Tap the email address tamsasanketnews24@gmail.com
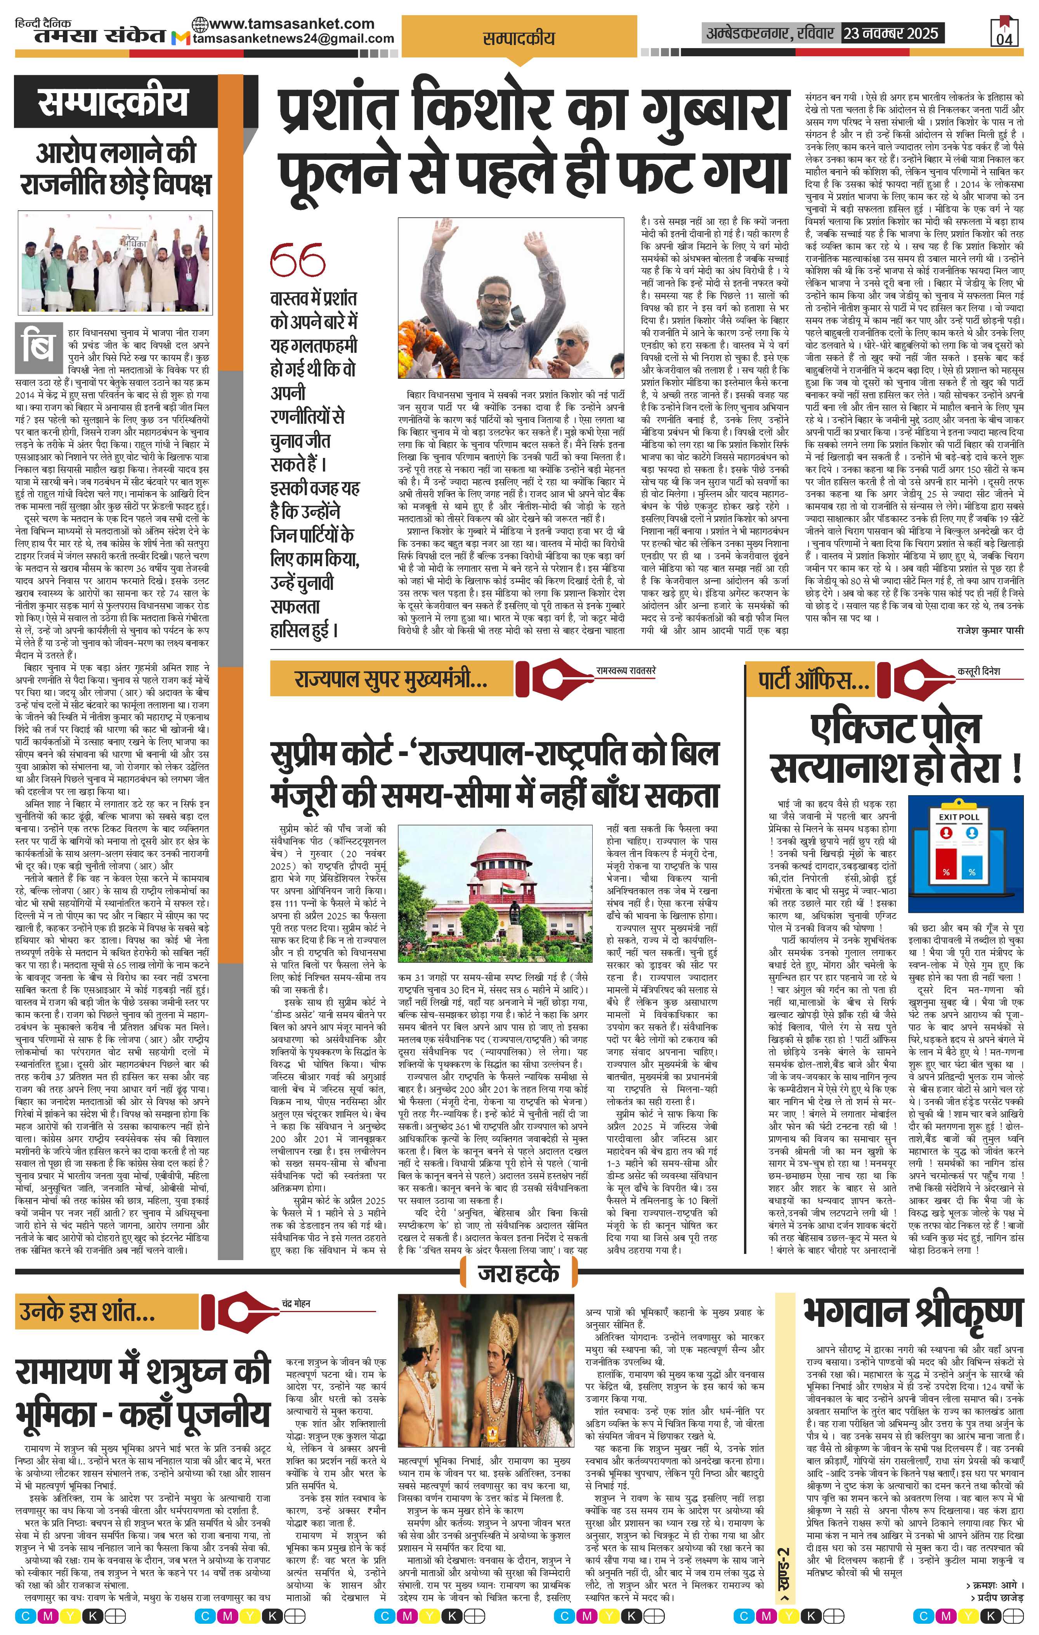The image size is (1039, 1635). click(x=293, y=39)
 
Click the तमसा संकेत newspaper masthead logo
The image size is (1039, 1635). click(x=99, y=35)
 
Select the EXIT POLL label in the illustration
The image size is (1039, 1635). click(x=959, y=817)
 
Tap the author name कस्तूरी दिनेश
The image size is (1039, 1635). click(x=978, y=671)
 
